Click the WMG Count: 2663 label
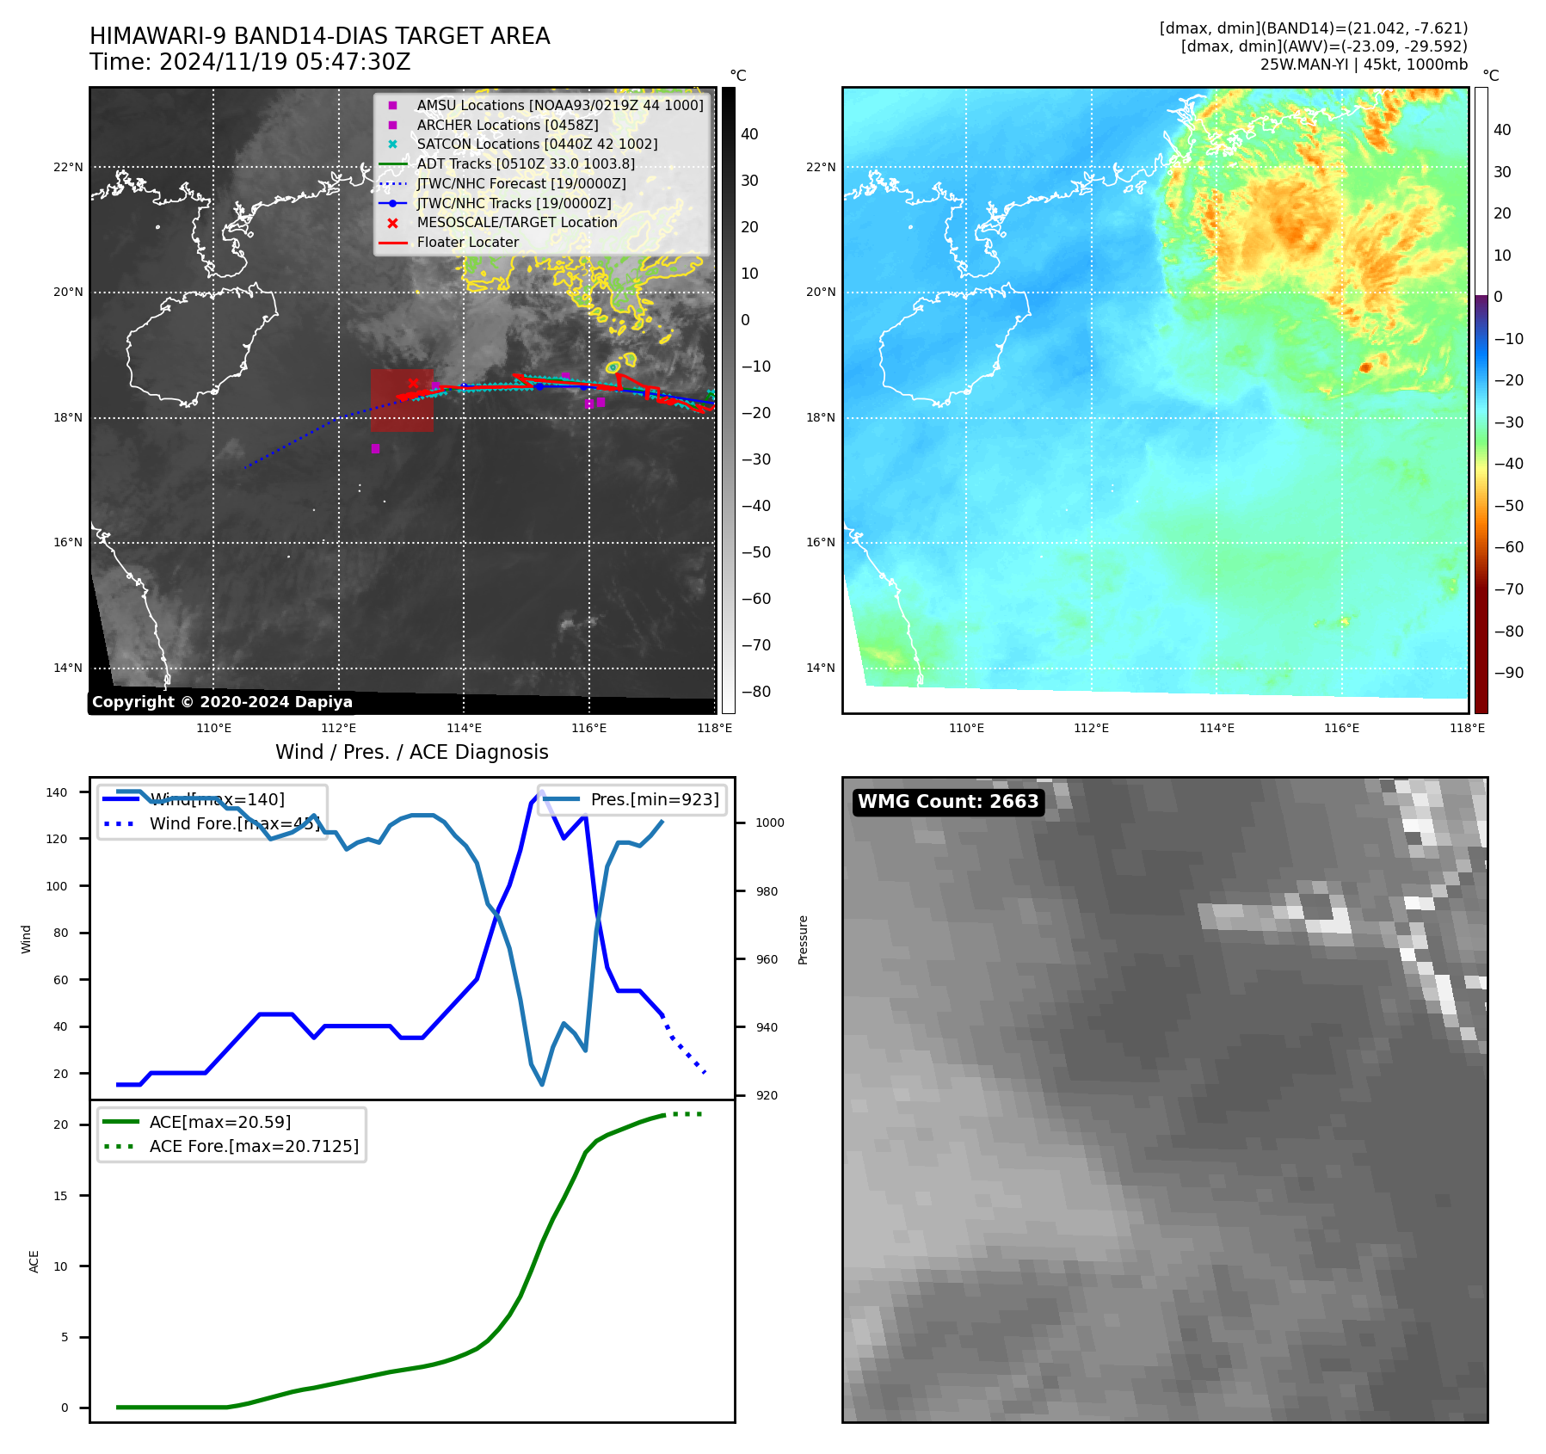click(948, 802)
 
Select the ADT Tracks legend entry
click(526, 163)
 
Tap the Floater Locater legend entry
click(467, 243)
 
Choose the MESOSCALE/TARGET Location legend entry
click(516, 223)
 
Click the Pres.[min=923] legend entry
click(654, 799)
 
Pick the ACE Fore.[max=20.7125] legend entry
click(254, 1146)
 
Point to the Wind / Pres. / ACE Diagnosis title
click(411, 752)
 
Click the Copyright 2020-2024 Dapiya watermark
click(222, 702)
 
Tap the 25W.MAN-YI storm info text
click(1364, 65)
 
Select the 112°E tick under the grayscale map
click(338, 728)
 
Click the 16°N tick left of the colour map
click(821, 542)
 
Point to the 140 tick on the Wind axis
click(57, 792)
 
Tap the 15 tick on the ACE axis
click(60, 1196)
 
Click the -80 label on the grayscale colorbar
click(756, 692)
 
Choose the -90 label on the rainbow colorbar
click(1508, 673)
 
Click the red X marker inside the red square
click(413, 384)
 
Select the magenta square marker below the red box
click(375, 448)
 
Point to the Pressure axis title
click(803, 940)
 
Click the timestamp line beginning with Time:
click(249, 62)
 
